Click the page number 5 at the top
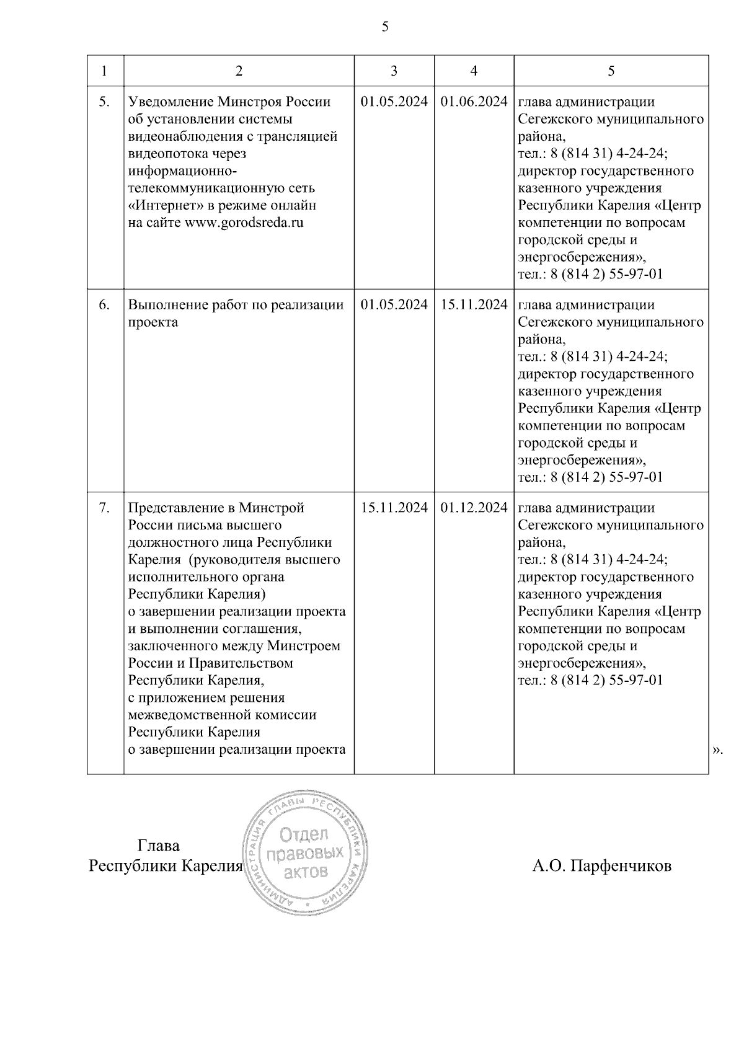(385, 27)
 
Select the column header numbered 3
(394, 71)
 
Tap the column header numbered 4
(474, 71)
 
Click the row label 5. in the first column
(105, 102)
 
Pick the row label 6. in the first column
(105, 305)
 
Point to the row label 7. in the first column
(105, 508)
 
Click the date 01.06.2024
(474, 102)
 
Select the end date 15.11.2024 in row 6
(474, 305)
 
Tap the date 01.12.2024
(474, 508)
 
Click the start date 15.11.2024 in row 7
(394, 508)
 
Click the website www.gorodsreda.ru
(244, 223)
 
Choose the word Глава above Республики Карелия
(158, 846)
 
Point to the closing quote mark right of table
(717, 750)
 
